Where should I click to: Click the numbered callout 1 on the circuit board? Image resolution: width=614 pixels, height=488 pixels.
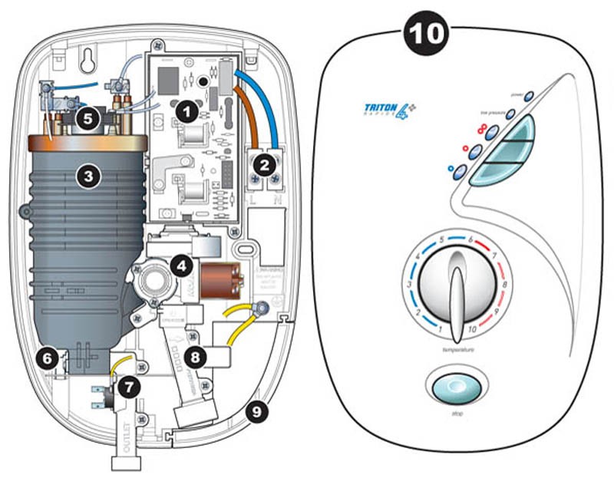click(184, 110)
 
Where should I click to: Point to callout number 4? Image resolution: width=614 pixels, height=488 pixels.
click(180, 266)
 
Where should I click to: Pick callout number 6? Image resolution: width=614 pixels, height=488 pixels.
click(48, 358)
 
